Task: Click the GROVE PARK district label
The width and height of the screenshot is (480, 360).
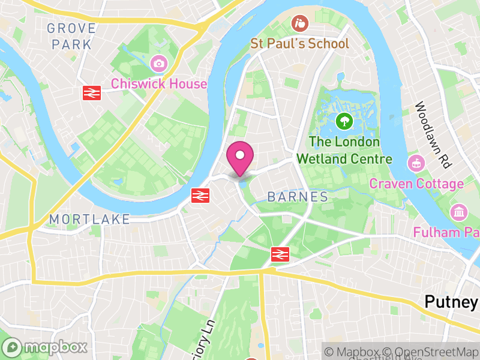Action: pyautogui.click(x=71, y=36)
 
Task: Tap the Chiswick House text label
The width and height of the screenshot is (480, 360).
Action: pyautogui.click(x=159, y=83)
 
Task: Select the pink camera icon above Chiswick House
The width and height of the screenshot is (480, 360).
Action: pyautogui.click(x=159, y=63)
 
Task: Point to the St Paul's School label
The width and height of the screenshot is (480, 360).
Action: pyautogui.click(x=299, y=44)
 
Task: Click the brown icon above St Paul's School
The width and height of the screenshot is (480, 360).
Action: pyautogui.click(x=299, y=24)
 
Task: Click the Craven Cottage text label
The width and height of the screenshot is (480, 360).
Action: pyautogui.click(x=416, y=184)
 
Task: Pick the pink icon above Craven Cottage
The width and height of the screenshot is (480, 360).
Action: pyautogui.click(x=415, y=163)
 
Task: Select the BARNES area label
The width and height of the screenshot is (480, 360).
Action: pyautogui.click(x=298, y=197)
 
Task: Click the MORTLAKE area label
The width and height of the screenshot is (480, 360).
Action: pyautogui.click(x=90, y=220)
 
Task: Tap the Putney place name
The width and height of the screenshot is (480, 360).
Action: pyautogui.click(x=451, y=302)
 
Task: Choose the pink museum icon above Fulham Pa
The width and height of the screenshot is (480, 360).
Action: pyautogui.click(x=459, y=212)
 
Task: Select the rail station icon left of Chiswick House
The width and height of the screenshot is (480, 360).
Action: pyautogui.click(x=91, y=92)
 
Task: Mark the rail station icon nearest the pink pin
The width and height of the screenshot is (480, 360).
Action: pyautogui.click(x=200, y=195)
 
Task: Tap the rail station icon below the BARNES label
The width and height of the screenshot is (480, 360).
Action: pyautogui.click(x=278, y=254)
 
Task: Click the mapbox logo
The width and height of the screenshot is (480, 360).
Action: pyautogui.click(x=46, y=347)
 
